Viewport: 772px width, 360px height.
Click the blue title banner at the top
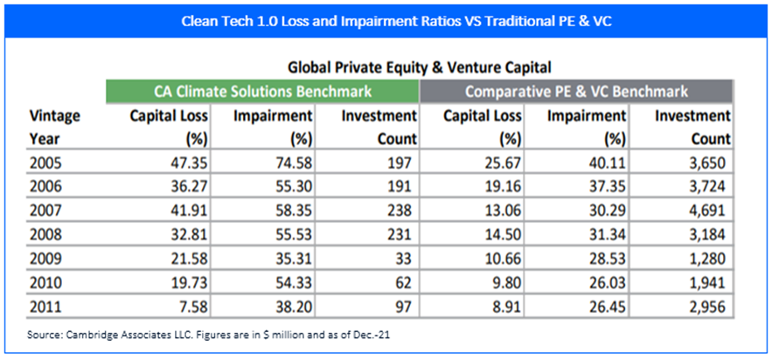click(x=386, y=19)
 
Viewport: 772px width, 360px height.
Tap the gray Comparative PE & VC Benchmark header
click(x=576, y=91)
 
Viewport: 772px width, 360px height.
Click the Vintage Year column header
click(x=54, y=126)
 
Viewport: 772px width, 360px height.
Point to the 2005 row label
click(x=47, y=162)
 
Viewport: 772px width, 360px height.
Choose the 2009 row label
click(x=47, y=260)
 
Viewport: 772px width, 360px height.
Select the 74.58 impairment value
click(x=289, y=162)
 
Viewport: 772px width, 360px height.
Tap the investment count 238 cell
click(x=400, y=211)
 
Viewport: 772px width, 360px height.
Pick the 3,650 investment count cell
click(x=710, y=162)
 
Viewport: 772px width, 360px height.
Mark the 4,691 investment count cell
click(x=710, y=211)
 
